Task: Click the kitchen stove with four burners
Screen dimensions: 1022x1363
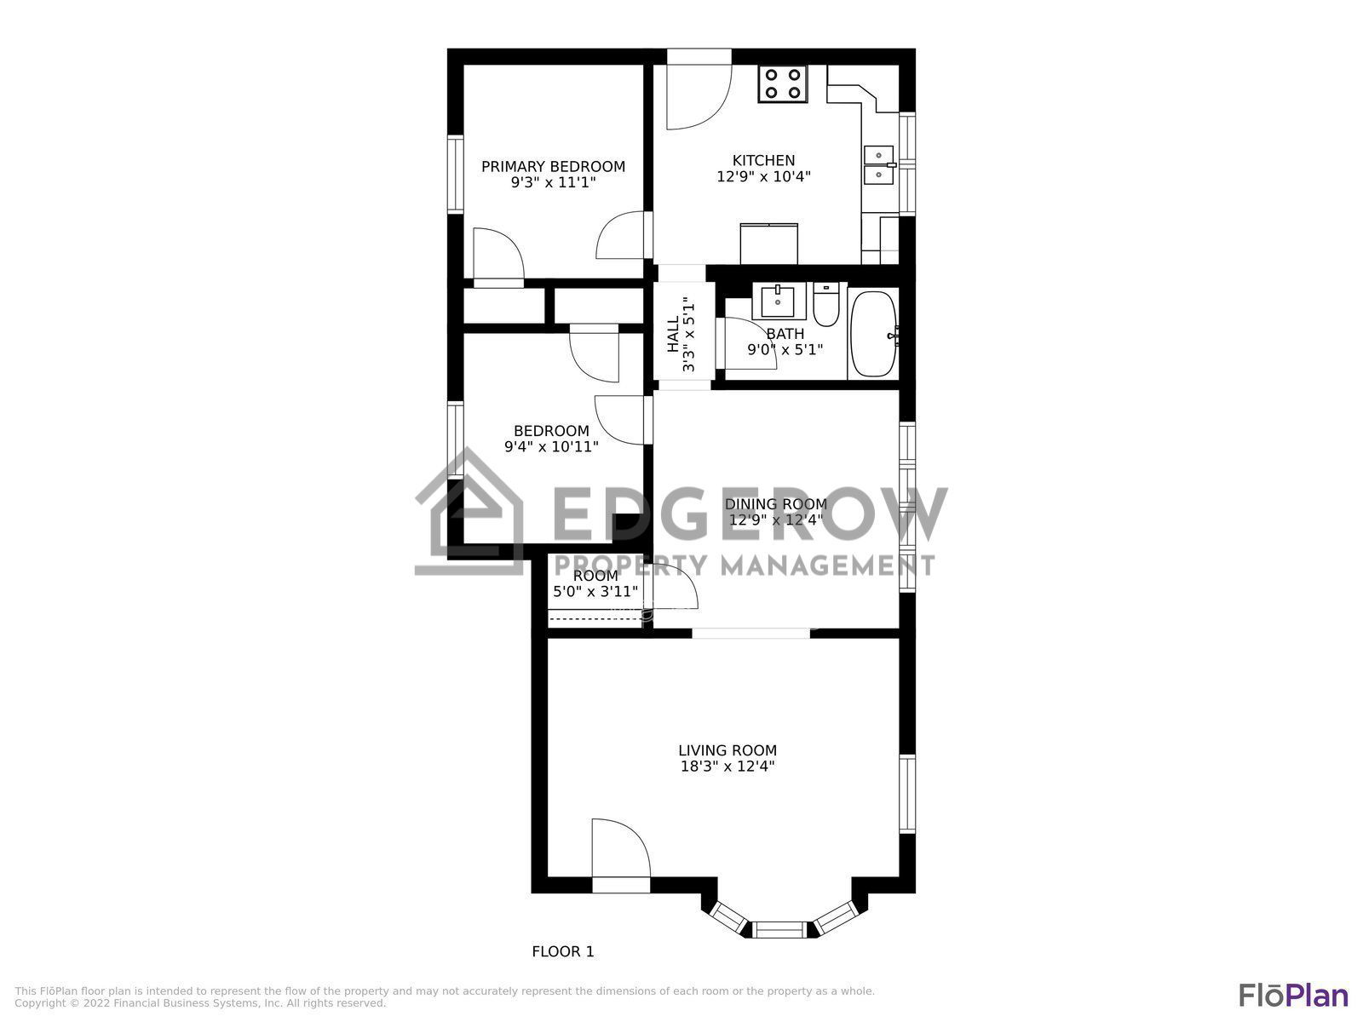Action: (x=783, y=83)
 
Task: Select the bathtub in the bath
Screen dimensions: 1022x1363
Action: (x=873, y=334)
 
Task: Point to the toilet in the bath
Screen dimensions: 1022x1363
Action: (x=825, y=305)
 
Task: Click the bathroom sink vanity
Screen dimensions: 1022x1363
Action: (x=778, y=301)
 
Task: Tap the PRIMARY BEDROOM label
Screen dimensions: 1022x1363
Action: (x=553, y=167)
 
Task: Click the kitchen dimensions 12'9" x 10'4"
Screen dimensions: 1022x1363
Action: (x=763, y=177)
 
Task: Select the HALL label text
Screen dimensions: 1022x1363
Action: (x=673, y=335)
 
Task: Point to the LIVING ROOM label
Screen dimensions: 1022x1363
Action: (x=728, y=750)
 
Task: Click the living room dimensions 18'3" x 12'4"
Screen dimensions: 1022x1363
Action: (x=728, y=766)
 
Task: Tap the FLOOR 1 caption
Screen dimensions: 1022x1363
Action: (x=562, y=951)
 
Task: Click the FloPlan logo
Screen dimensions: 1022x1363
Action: (x=1293, y=995)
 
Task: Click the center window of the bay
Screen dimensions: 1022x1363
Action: (x=780, y=928)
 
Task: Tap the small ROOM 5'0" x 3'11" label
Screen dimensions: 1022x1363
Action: (x=595, y=583)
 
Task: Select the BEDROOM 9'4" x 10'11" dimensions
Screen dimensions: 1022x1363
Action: (x=551, y=446)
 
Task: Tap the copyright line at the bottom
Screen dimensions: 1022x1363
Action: (x=200, y=1003)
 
